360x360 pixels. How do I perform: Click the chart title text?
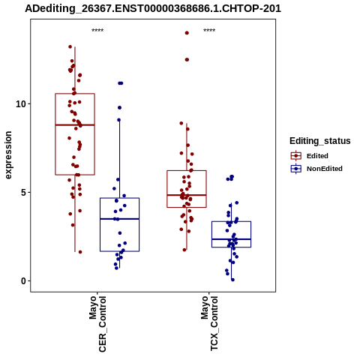click(x=153, y=9)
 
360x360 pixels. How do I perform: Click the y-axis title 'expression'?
click(x=8, y=155)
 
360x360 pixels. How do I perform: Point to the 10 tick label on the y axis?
click(x=21, y=103)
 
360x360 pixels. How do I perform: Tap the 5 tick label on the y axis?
click(x=24, y=192)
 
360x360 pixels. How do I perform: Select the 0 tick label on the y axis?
click(x=24, y=280)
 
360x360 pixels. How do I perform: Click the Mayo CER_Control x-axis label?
click(x=97, y=324)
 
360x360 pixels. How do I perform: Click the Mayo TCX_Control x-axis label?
click(x=209, y=323)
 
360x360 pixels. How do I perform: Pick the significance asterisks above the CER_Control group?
click(x=97, y=31)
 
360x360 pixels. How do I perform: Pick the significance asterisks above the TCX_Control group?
click(x=209, y=31)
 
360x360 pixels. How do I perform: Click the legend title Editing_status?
click(x=320, y=141)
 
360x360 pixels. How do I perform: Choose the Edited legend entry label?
click(x=317, y=156)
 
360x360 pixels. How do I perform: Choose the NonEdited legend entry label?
click(x=325, y=169)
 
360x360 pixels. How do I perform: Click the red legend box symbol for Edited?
click(x=296, y=156)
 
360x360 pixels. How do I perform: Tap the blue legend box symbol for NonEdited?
click(x=296, y=169)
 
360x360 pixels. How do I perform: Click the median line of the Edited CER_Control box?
click(x=75, y=124)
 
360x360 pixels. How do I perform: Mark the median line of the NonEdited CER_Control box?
click(x=119, y=219)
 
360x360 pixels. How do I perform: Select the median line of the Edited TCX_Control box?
click(x=187, y=195)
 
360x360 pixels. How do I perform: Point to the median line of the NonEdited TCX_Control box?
click(x=231, y=239)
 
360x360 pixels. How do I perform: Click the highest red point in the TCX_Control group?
click(x=187, y=33)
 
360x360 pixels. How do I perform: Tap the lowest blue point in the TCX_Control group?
click(x=232, y=280)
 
